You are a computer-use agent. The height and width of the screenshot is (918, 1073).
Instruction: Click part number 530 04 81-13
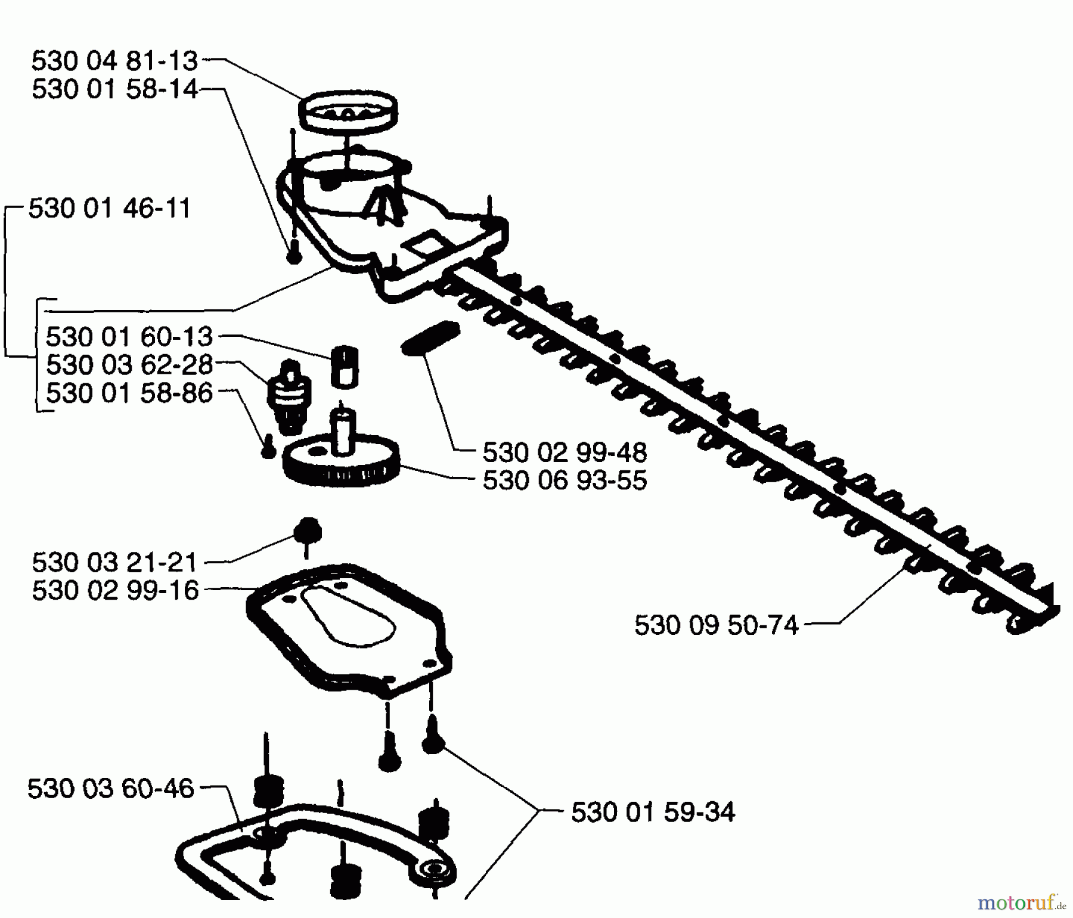click(114, 61)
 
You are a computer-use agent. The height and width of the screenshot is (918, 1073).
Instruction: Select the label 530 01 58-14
click(114, 89)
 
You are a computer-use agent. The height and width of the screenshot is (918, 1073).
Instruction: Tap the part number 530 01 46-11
click(110, 209)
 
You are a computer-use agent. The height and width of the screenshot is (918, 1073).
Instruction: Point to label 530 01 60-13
click(129, 337)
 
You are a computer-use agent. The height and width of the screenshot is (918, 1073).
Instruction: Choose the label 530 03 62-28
click(129, 365)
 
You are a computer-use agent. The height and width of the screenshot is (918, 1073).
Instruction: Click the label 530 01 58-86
click(129, 393)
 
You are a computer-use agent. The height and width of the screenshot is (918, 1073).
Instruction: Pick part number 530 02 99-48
click(564, 453)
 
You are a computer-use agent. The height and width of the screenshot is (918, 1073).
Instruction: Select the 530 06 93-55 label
click(564, 480)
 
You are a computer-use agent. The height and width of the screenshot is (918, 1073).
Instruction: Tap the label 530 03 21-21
click(114, 562)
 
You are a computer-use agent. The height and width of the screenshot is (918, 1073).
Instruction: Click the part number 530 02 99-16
click(114, 591)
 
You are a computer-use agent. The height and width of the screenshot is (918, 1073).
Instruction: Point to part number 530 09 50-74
click(716, 626)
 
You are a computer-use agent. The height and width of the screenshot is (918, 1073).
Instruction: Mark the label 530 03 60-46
click(111, 789)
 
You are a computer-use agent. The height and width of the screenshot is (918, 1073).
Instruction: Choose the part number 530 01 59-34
click(653, 812)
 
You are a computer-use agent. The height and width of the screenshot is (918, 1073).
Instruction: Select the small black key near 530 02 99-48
click(430, 338)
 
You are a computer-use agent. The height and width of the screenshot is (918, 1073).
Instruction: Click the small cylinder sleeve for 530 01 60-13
click(345, 365)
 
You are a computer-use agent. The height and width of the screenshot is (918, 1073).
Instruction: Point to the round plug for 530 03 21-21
click(307, 529)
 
